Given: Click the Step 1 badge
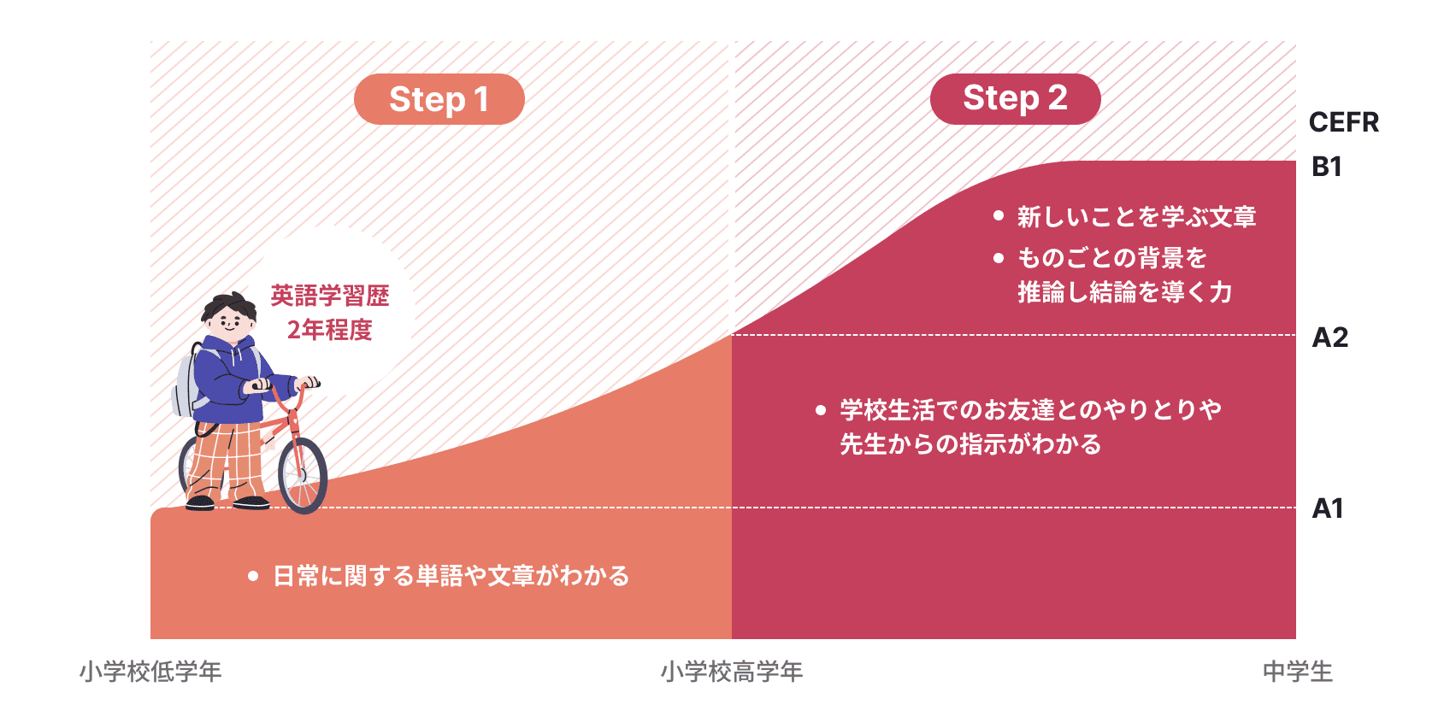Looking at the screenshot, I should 439,99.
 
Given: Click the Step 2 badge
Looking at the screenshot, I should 1015,98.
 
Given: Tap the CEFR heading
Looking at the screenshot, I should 1343,122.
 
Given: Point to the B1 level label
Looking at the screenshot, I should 1326,167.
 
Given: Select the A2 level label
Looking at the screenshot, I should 1329,338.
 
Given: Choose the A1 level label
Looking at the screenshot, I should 1328,508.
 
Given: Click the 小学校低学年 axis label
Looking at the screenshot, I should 150,672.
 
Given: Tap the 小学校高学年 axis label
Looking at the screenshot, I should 731,672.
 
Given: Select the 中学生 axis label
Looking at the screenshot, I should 1297,672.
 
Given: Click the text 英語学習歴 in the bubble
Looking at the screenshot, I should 330,296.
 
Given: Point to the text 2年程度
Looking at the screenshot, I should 330,330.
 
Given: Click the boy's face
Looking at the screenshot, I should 229,322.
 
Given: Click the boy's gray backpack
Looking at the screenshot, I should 186,383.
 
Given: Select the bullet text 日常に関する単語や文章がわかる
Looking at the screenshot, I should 451,576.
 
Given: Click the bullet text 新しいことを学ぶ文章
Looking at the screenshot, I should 1136,217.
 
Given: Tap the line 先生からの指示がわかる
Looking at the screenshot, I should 970,444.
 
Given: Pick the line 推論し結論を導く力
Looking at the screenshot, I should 1124,292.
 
